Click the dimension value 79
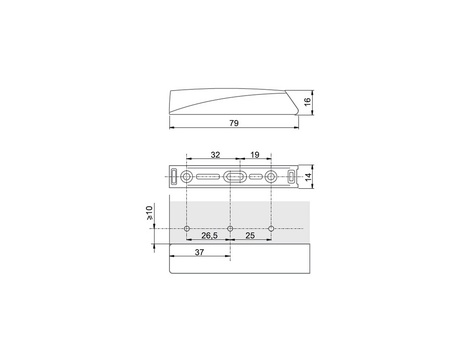234,123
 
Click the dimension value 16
308,101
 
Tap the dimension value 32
215,155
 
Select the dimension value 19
255,155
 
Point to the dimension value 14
308,177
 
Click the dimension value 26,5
209,235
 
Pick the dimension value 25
250,235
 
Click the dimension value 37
199,252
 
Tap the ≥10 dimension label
149,213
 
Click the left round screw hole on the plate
186,176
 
